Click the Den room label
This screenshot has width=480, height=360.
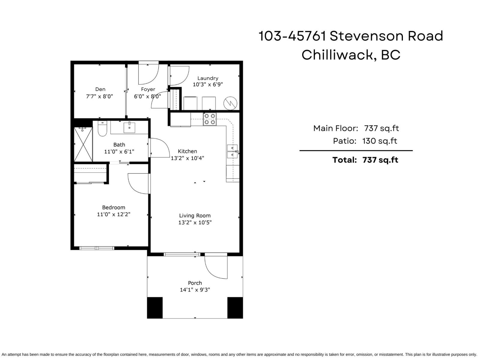click(x=100, y=89)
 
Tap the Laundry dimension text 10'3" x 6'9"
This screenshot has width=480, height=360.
click(x=208, y=85)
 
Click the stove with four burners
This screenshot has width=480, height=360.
click(x=210, y=119)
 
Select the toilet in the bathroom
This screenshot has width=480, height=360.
click(x=102, y=128)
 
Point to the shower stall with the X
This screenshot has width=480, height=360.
click(x=83, y=144)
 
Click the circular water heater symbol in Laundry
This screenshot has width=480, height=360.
click(x=230, y=103)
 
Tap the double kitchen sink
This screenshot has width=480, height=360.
click(x=232, y=151)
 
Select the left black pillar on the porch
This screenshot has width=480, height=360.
click(x=155, y=307)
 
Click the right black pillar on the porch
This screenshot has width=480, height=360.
click(x=235, y=307)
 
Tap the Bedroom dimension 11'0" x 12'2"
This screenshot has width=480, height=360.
click(x=113, y=214)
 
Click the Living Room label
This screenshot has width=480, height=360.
click(x=195, y=215)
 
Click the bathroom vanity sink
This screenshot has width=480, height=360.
click(x=129, y=127)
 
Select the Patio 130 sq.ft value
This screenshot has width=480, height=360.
click(x=379, y=141)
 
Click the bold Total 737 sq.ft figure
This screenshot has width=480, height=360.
click(x=380, y=160)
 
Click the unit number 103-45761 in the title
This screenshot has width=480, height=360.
click(x=292, y=36)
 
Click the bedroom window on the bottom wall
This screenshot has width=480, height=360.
click(x=97, y=248)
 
